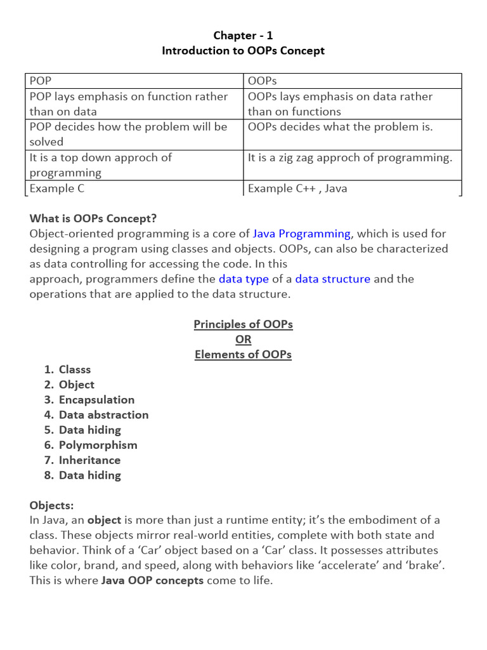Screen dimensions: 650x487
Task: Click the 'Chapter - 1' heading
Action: [243, 36]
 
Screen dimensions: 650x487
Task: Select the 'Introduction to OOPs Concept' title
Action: [243, 51]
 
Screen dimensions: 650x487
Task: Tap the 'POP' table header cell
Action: [41, 81]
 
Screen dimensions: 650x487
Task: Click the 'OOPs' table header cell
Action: [263, 81]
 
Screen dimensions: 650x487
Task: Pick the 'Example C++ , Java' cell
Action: [297, 189]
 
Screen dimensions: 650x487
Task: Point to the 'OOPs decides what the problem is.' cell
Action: [341, 127]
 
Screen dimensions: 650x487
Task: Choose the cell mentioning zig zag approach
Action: [350, 158]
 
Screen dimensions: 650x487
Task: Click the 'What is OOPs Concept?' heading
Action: [93, 219]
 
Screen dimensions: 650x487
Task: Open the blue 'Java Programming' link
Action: [301, 234]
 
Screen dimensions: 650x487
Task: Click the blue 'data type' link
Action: [243, 279]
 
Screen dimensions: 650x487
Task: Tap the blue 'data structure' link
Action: [333, 279]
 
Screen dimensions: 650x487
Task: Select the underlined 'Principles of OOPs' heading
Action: [243, 325]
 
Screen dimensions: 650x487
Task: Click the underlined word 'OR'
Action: [243, 340]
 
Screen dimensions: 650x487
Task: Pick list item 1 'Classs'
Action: [75, 369]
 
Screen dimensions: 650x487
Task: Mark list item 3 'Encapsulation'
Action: [96, 400]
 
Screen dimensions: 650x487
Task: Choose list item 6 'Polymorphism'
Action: [98, 445]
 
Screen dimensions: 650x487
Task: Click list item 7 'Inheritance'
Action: [89, 460]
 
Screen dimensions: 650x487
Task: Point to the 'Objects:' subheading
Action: [52, 506]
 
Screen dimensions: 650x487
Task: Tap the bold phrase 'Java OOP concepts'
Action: [152, 581]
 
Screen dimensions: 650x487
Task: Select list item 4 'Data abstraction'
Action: [103, 415]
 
